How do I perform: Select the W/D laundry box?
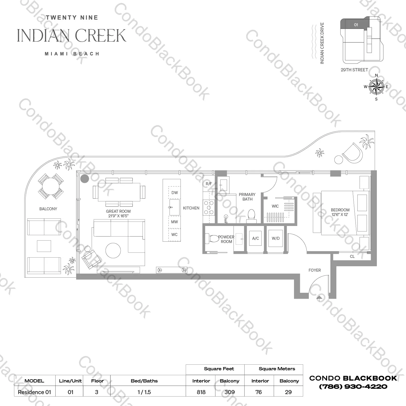pyautogui.click(x=276, y=238)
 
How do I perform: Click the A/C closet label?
pyautogui.click(x=255, y=238)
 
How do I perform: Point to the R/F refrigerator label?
pyautogui.click(x=209, y=184)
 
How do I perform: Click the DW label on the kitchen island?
pyautogui.click(x=174, y=193)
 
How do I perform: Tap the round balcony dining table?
pyautogui.click(x=51, y=186)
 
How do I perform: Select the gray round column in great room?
pyautogui.click(x=85, y=178)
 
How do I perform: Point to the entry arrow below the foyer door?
pyautogui.click(x=319, y=298)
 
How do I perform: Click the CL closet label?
pyautogui.click(x=352, y=256)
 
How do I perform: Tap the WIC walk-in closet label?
pyautogui.click(x=275, y=206)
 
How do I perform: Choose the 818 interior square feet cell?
pyautogui.click(x=201, y=392)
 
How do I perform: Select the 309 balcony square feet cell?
pyautogui.click(x=229, y=392)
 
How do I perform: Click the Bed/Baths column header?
pyautogui.click(x=144, y=381)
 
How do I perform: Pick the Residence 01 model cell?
pyautogui.click(x=34, y=392)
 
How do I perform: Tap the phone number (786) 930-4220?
pyautogui.click(x=353, y=387)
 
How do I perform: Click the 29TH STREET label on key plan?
pyautogui.click(x=354, y=70)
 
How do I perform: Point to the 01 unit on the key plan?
pyautogui.click(x=356, y=25)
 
